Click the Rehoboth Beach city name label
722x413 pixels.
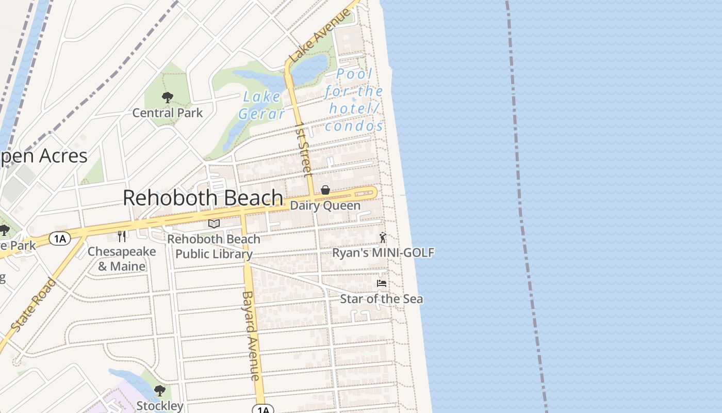coord(203,198)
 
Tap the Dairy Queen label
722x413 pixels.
coord(325,205)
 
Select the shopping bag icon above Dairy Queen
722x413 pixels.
coord(325,190)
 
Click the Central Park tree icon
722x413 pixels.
coord(167,97)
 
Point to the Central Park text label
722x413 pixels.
coord(168,113)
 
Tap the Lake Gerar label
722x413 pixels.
coord(262,105)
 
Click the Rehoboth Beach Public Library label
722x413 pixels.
coord(214,246)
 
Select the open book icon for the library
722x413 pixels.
coord(214,224)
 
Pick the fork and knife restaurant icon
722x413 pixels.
coord(122,236)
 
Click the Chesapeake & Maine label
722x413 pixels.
coord(122,259)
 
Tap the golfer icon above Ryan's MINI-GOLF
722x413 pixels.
coord(382,237)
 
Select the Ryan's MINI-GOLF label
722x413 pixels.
coord(383,252)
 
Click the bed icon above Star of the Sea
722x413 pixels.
coord(382,283)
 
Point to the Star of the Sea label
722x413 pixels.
coord(381,298)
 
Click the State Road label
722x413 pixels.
coord(34,305)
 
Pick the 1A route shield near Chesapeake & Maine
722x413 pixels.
coord(59,238)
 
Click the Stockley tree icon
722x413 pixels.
coord(159,390)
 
